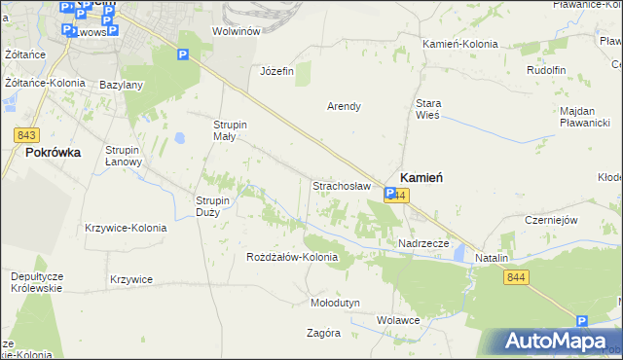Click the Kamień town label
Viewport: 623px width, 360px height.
pos(421,178)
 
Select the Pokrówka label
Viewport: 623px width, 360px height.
pos(53,153)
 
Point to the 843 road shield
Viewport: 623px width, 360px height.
pos(26,133)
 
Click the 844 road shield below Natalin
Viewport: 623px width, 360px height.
pos(517,278)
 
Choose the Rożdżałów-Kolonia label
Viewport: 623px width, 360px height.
pos(292,258)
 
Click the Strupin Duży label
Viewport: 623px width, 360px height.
pos(213,206)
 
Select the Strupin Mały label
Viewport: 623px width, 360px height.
pos(232,130)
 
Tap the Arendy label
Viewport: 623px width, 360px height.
pos(344,106)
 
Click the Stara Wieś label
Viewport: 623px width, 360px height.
pos(428,108)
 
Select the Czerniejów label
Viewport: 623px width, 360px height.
pos(551,220)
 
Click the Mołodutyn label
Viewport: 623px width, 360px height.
pos(335,303)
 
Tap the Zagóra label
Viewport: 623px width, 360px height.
pos(323,332)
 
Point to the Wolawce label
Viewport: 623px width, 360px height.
pos(398,319)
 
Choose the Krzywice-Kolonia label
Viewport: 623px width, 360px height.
pos(126,228)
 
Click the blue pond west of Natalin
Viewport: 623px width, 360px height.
pos(459,255)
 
